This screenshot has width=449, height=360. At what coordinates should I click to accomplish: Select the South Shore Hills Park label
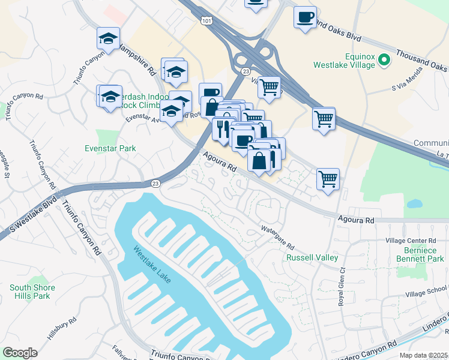pyautogui.click(x=32, y=292)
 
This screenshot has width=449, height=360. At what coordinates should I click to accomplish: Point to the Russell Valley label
pyautogui.click(x=312, y=257)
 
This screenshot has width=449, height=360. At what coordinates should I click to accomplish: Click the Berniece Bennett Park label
pyautogui.click(x=420, y=254)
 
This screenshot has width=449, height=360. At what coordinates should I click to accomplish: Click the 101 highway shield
pyautogui.click(x=206, y=21)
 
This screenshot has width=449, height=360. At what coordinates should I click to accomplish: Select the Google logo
pyautogui.click(x=20, y=353)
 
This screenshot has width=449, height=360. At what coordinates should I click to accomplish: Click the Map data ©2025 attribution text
pyautogui.click(x=424, y=355)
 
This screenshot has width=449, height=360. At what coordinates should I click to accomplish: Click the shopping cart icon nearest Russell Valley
pyautogui.click(x=328, y=178)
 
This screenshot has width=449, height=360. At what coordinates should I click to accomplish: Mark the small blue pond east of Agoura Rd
pyautogui.click(x=414, y=203)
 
